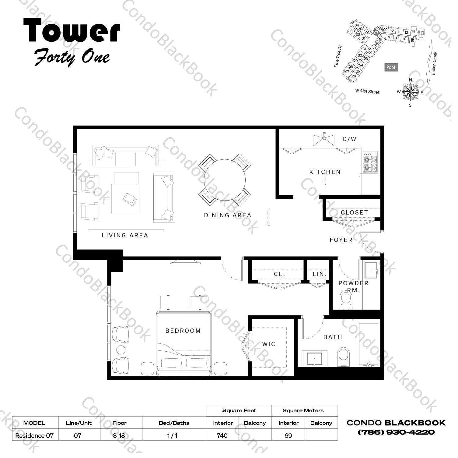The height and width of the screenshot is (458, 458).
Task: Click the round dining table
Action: click(225, 179)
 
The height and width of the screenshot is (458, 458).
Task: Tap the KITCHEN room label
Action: click(325, 172)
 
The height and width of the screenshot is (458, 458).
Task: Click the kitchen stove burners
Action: click(370, 163)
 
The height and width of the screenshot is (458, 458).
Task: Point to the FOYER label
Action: click(341, 240)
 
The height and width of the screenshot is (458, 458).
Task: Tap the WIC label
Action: click(269, 344)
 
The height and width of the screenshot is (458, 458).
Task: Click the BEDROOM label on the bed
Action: click(183, 331)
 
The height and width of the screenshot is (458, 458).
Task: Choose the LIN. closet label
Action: click(320, 274)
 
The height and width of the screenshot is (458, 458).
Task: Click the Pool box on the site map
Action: click(391, 67)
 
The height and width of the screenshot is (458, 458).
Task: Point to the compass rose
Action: click(410, 92)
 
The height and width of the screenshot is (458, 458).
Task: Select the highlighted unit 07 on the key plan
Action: click(376, 33)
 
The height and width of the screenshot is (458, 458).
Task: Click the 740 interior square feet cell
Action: click(222, 435)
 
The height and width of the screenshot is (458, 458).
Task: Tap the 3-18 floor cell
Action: click(119, 435)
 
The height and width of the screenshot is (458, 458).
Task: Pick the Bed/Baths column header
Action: click(174, 423)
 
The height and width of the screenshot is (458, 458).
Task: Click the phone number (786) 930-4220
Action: click(396, 432)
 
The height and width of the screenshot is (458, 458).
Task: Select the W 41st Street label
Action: click(367, 91)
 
